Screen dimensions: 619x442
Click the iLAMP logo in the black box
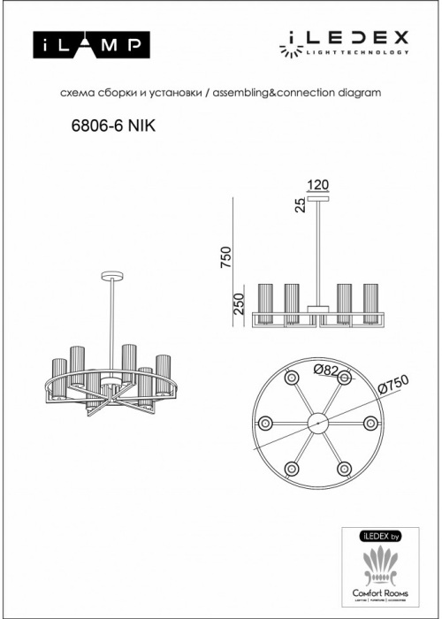(91, 43)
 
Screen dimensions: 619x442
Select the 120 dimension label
(317, 185)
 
